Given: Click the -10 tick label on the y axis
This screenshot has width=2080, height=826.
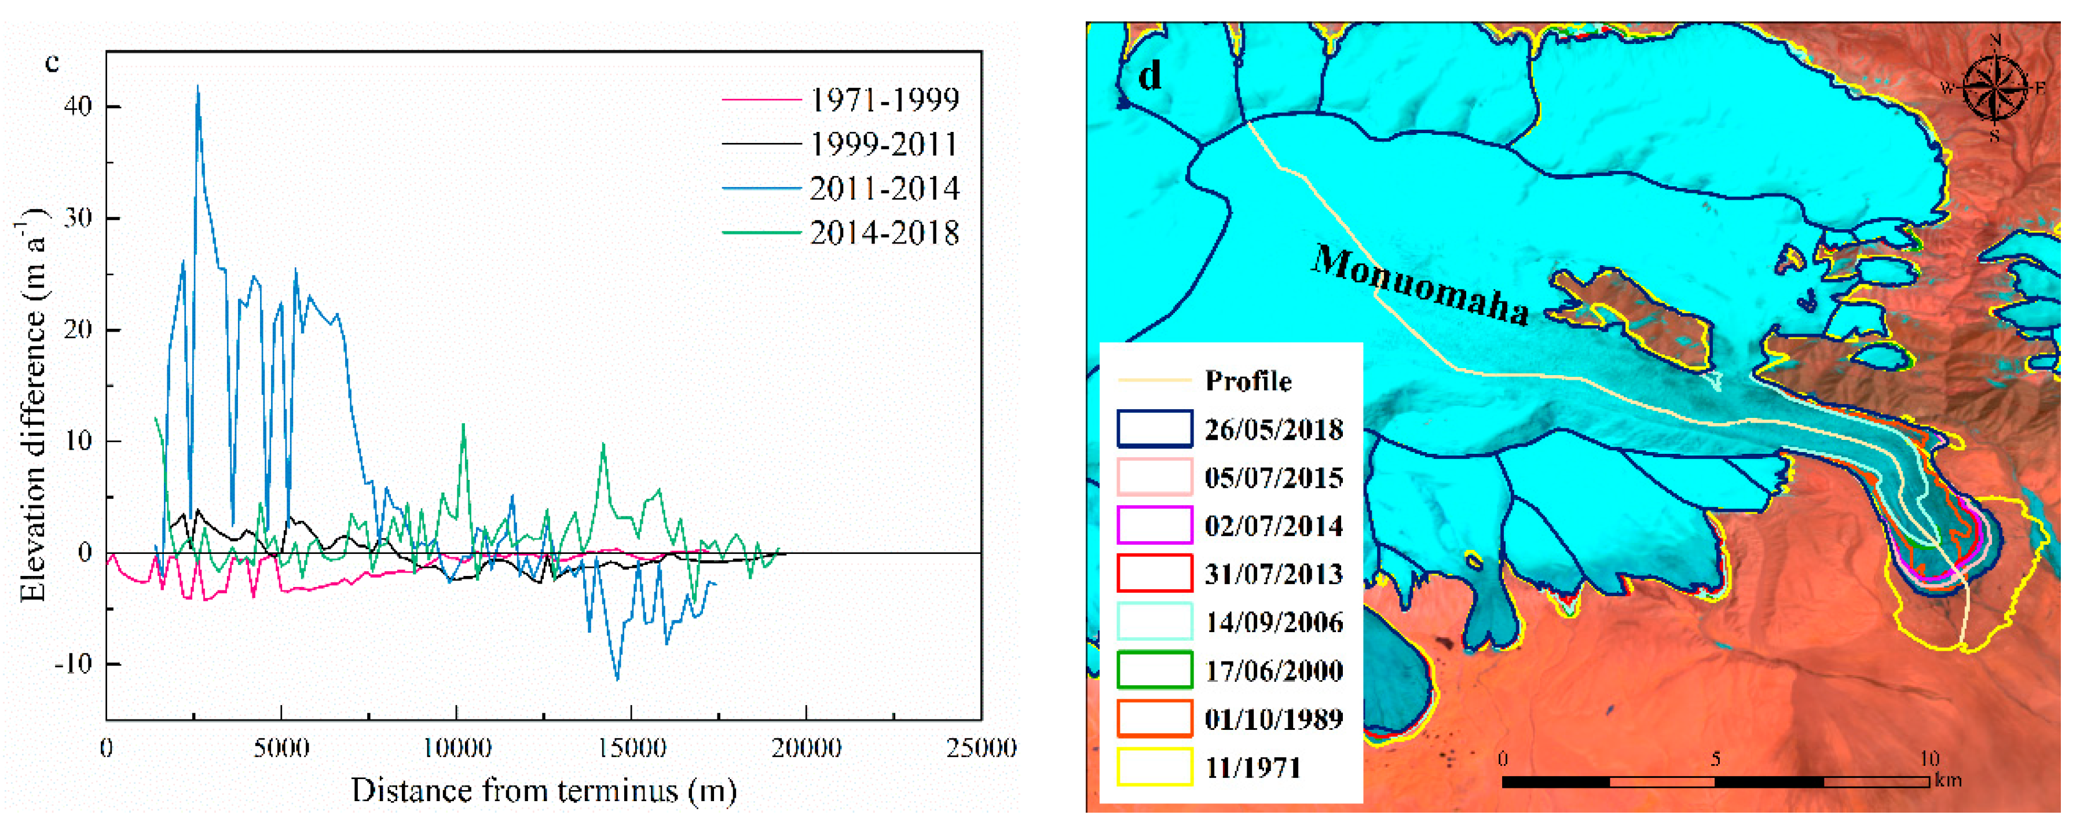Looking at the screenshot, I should click(x=74, y=664).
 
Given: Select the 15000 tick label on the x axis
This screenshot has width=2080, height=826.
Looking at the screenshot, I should click(x=631, y=748).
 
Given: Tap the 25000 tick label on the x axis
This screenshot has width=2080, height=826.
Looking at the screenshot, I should click(x=980, y=748).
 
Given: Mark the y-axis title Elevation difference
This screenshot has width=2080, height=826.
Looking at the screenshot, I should click(x=32, y=403).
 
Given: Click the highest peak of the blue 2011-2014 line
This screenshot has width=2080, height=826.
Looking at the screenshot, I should click(x=198, y=86).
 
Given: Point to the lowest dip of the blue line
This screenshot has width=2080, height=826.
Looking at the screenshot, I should click(x=618, y=679).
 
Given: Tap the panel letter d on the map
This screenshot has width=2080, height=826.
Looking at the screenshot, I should click(x=1149, y=76).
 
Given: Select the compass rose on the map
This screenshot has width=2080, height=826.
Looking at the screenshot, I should click(x=1994, y=87).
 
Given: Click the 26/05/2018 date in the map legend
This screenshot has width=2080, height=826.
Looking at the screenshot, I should click(x=1273, y=429).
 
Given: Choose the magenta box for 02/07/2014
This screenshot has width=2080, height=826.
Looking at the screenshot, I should click(x=1155, y=525).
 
